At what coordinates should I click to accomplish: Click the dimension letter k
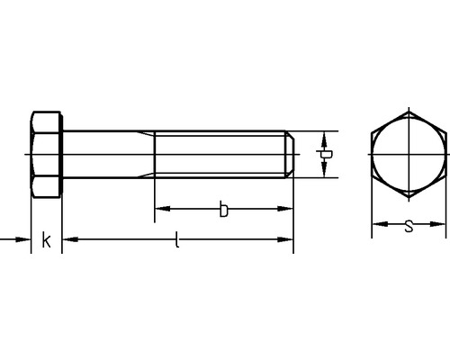pos(46,239)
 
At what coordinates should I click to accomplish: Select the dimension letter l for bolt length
pos(177,239)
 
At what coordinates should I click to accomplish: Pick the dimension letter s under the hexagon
pos(409,226)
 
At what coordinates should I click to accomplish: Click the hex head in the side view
pos(46,155)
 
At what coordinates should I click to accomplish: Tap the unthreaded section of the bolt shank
pos(108,155)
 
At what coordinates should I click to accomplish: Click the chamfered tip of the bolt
pos(291,155)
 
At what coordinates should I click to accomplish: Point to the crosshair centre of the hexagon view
pos(409,155)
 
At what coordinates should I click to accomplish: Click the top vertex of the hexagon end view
pos(409,112)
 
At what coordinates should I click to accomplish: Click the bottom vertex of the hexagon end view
pos(409,198)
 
